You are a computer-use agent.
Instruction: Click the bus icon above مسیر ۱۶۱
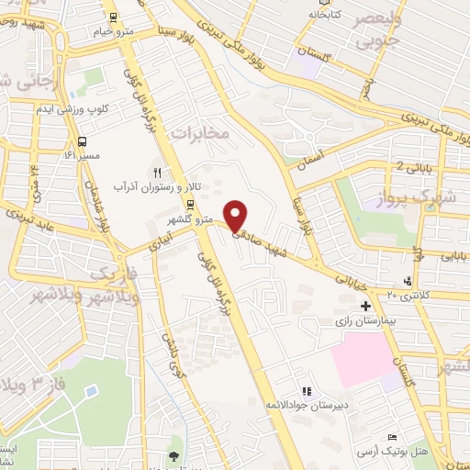click(84, 142)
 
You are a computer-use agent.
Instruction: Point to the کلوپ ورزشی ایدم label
click(104, 108)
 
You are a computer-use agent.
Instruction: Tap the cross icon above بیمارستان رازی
click(365, 306)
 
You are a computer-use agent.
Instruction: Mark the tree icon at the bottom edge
click(173, 456)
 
